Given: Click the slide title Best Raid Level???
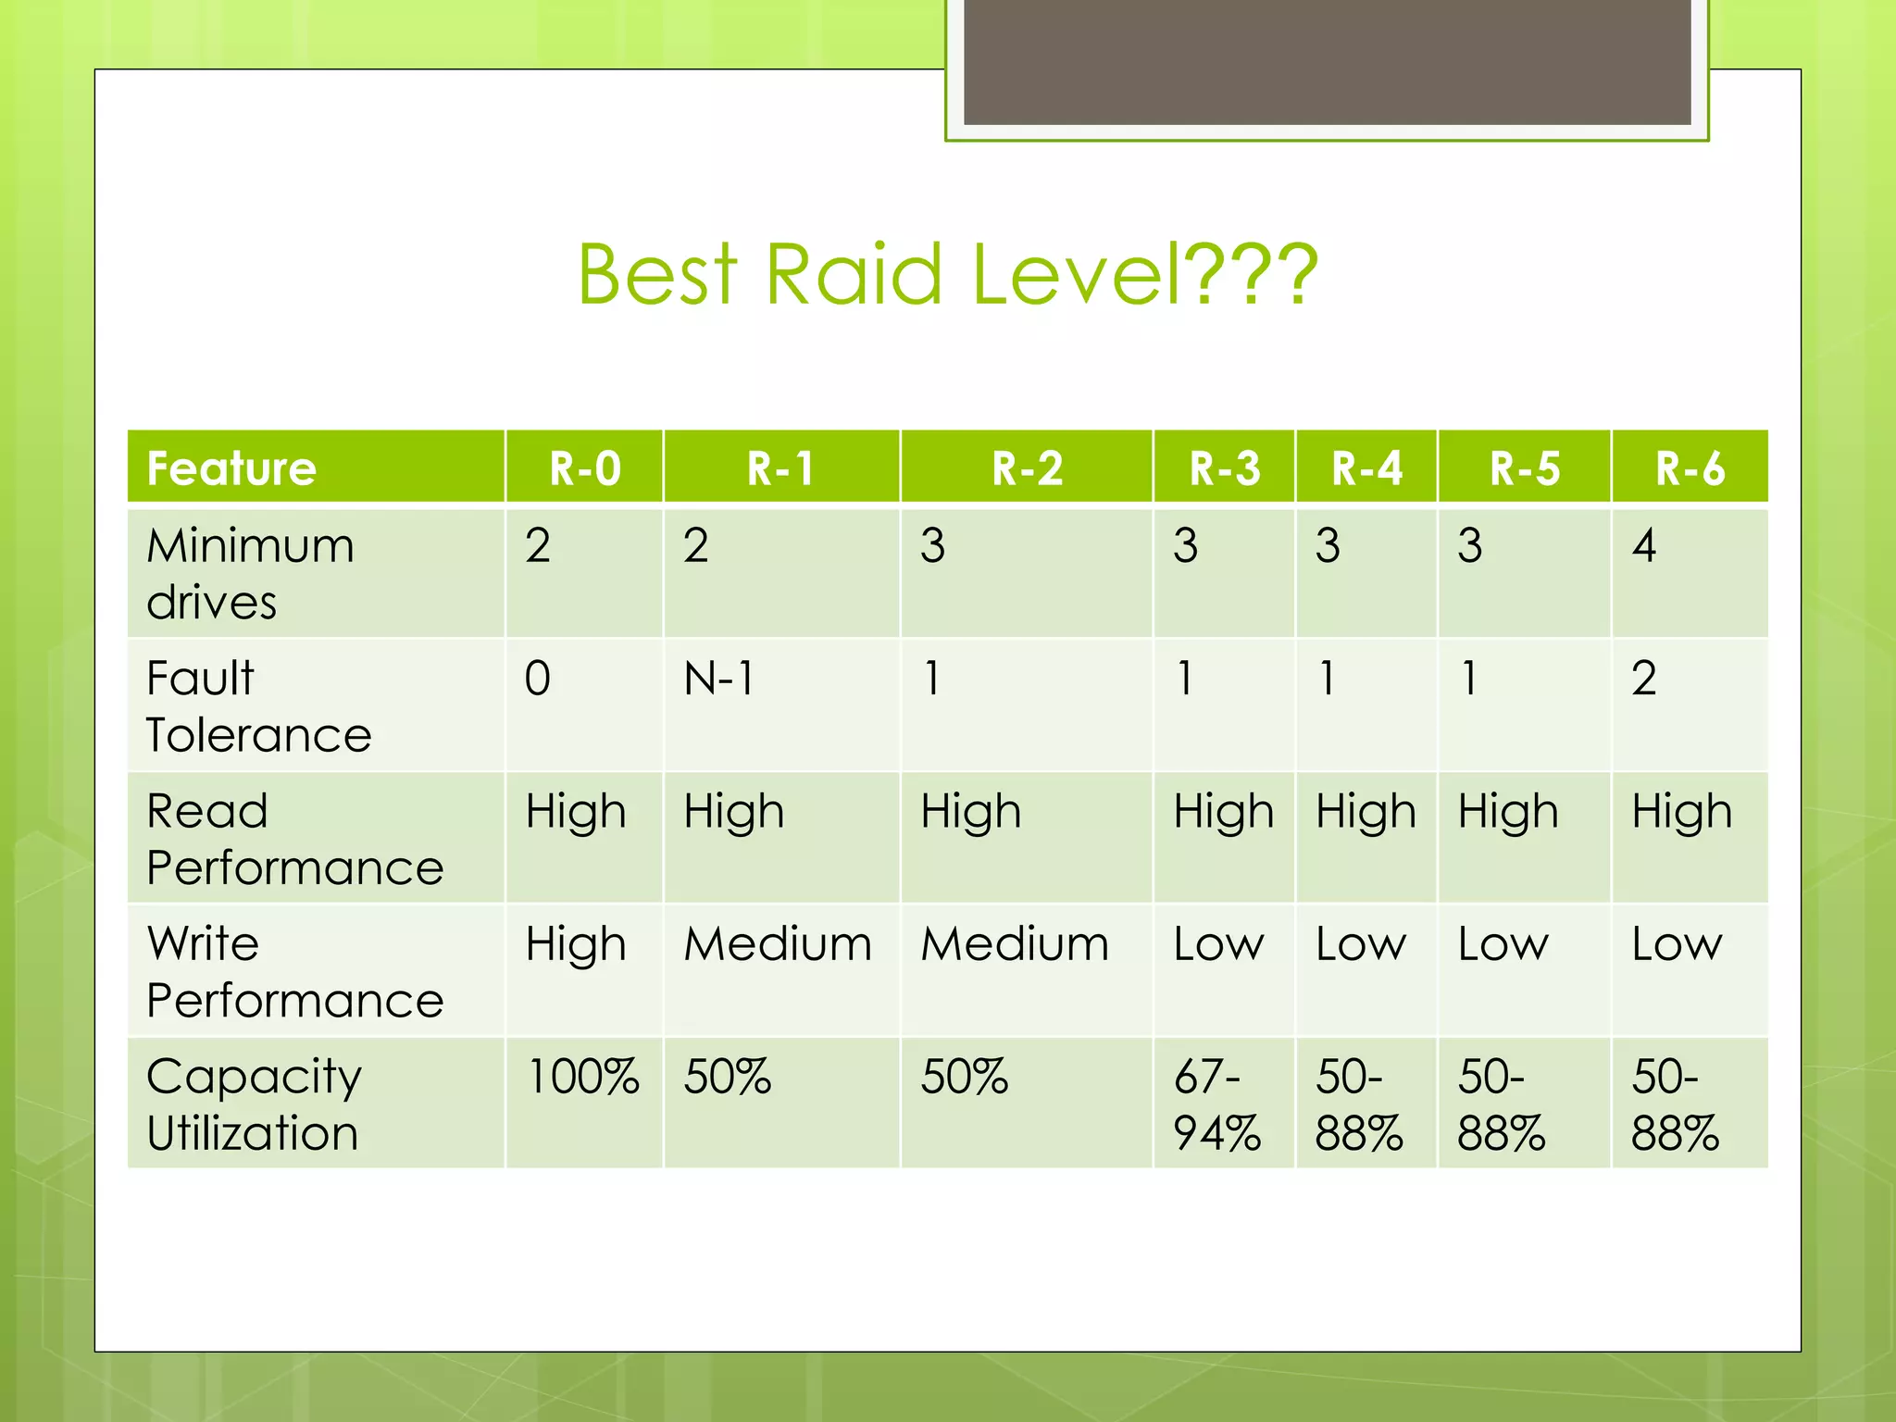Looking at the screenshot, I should pyautogui.click(x=947, y=274).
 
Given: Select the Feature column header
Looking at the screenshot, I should pyautogui.click(x=231, y=468).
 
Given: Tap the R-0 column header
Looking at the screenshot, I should pyautogui.click(x=584, y=468).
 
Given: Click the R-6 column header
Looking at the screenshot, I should pyautogui.click(x=1690, y=468).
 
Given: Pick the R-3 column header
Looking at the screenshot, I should pyautogui.click(x=1224, y=468).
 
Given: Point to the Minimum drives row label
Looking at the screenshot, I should pyautogui.click(x=250, y=573).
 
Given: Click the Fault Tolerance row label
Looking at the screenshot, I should pyautogui.click(x=258, y=705).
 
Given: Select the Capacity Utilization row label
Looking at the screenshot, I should pyautogui.click(x=254, y=1104).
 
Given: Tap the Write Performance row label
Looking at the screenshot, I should pyautogui.click(x=294, y=971).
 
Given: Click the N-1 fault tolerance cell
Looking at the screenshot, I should pyautogui.click(x=719, y=679).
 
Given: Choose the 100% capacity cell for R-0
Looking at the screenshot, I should pyautogui.click(x=582, y=1078).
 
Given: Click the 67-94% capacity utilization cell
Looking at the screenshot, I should pyautogui.click(x=1216, y=1104).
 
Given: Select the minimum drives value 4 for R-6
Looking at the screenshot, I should pyautogui.click(x=1644, y=546).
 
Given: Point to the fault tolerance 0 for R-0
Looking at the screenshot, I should pyautogui.click(x=538, y=679).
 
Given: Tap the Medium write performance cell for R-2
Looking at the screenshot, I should pyautogui.click(x=1015, y=945).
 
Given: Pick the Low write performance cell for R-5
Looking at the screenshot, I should pyautogui.click(x=1503, y=945).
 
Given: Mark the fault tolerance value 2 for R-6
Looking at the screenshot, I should pyautogui.click(x=1644, y=679).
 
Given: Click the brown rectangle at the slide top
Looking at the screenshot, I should pyautogui.click(x=1327, y=61).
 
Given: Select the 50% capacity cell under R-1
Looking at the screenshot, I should pyautogui.click(x=728, y=1078).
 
